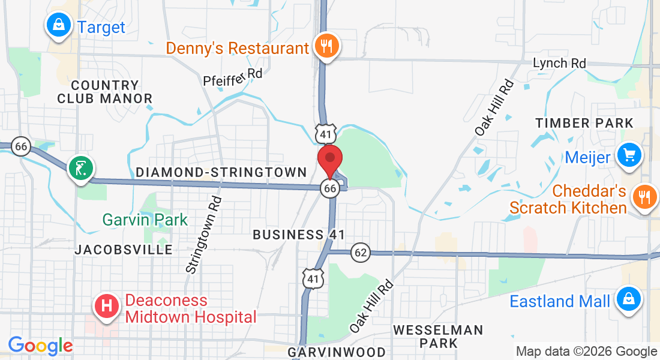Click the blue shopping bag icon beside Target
[x=58, y=25]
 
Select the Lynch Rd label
[x=559, y=63]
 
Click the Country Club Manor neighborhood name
[x=104, y=92]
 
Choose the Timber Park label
[x=584, y=123]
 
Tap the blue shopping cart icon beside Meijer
[x=629, y=155]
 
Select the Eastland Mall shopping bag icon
[x=628, y=299]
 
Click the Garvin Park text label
[x=145, y=220]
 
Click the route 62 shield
[x=360, y=253]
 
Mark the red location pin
[x=330, y=161]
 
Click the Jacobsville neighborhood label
[x=124, y=250]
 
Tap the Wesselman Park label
[x=438, y=337]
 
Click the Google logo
[x=40, y=346]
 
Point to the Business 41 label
[x=298, y=234]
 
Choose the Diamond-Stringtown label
[x=221, y=172]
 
